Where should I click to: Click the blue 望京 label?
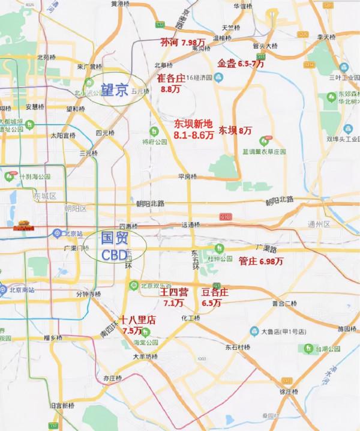click(x=114, y=91)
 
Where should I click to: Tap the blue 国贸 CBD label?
click(x=114, y=246)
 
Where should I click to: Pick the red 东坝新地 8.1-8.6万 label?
click(x=193, y=130)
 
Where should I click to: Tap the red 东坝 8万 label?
click(x=235, y=130)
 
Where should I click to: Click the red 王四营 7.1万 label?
click(x=173, y=297)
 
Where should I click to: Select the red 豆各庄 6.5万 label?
click(x=215, y=297)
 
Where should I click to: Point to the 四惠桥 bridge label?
click(x=128, y=226)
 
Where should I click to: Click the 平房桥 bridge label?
click(x=187, y=176)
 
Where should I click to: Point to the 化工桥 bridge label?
click(x=190, y=318)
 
